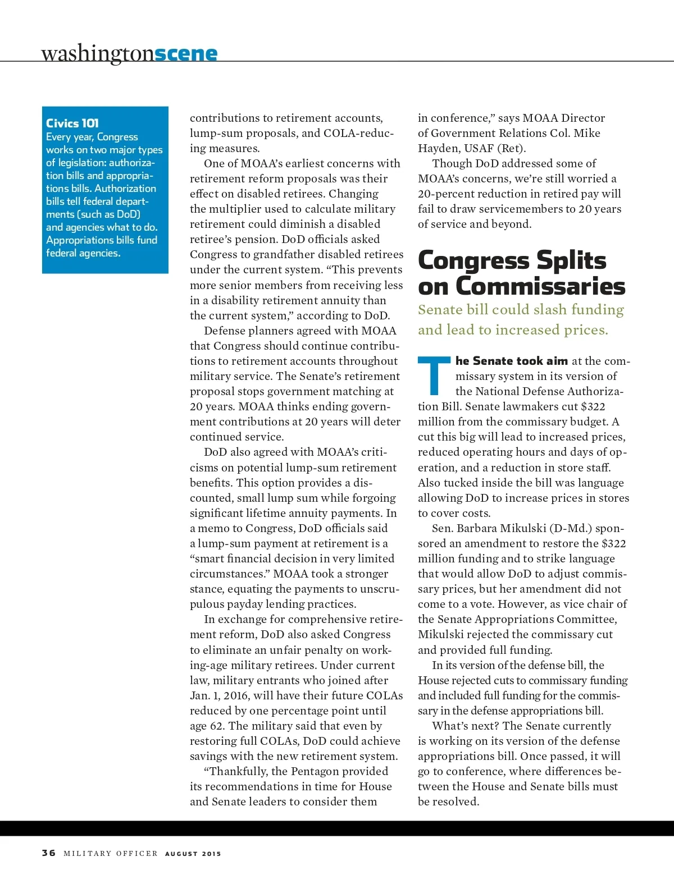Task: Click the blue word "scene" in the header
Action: coord(186,54)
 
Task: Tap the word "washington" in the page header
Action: coord(97,54)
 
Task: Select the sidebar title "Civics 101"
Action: coord(72,123)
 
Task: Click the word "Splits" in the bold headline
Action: coord(571,260)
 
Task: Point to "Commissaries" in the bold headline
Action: coord(540,286)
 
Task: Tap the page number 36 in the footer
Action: coord(49,853)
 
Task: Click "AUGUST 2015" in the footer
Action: coord(193,854)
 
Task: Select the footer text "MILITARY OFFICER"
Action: coord(111,854)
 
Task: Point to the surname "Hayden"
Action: coord(436,148)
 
